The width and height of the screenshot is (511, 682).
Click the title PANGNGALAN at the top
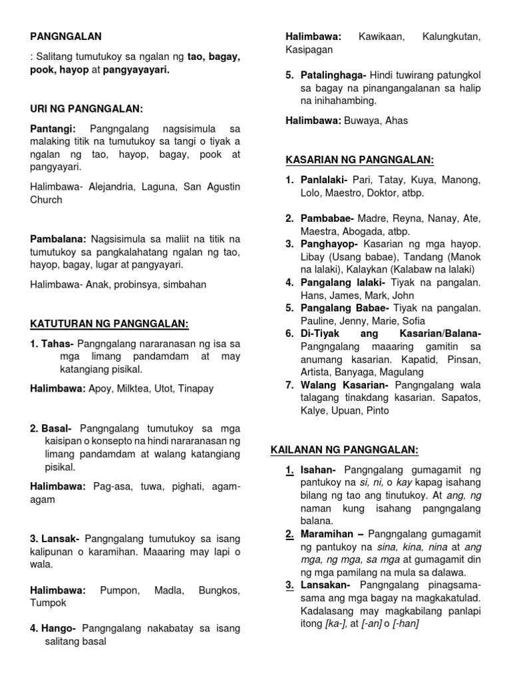(66, 36)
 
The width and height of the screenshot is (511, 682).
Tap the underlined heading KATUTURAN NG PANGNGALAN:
(110, 324)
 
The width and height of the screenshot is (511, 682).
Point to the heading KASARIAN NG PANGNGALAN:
(359, 160)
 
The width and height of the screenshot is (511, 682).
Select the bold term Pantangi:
(53, 129)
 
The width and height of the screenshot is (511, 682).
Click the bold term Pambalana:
(58, 238)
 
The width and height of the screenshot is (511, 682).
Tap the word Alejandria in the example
(106, 186)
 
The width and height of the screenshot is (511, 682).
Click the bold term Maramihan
(328, 534)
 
